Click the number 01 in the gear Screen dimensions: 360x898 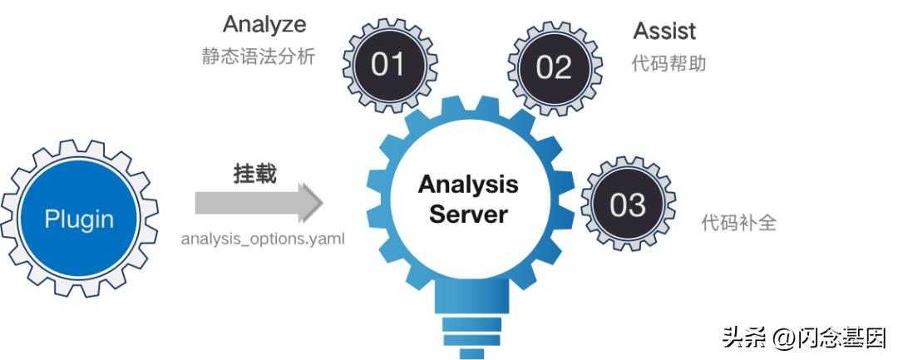point(387,65)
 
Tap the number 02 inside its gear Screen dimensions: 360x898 point(553,67)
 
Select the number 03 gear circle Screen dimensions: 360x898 point(627,205)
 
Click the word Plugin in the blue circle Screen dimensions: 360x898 point(79,219)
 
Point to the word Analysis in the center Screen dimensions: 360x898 point(468,185)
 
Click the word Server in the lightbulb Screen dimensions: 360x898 point(468,214)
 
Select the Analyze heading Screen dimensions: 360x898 point(264,24)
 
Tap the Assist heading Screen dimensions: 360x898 point(664,32)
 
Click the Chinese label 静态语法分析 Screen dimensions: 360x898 point(259,57)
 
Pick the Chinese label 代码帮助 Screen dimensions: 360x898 point(669,63)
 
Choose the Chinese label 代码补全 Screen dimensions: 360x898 point(738,223)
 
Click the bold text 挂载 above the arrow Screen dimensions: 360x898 point(254,174)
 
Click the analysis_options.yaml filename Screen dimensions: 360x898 point(263,238)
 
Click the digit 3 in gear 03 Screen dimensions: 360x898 point(637,205)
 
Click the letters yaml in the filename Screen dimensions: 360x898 point(328,239)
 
